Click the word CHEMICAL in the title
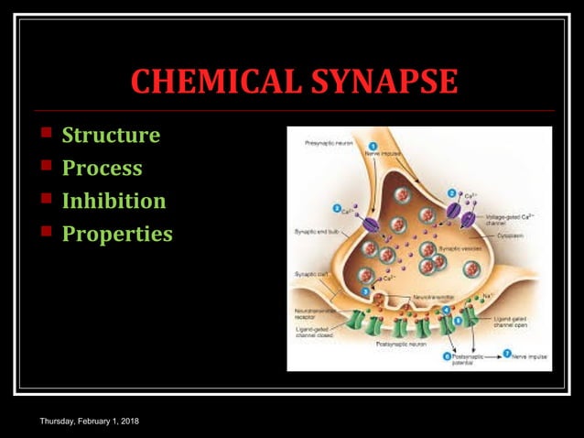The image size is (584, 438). (208, 82)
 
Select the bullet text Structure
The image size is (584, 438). (111, 136)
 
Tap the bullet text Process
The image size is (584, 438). (102, 169)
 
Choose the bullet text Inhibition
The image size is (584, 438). (114, 201)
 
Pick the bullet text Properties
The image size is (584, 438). (117, 234)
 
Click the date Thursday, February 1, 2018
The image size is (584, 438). (89, 421)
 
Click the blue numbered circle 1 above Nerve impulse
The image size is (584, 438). (373, 145)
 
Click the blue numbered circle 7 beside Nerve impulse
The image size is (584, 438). (505, 354)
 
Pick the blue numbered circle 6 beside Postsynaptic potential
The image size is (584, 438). (448, 356)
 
